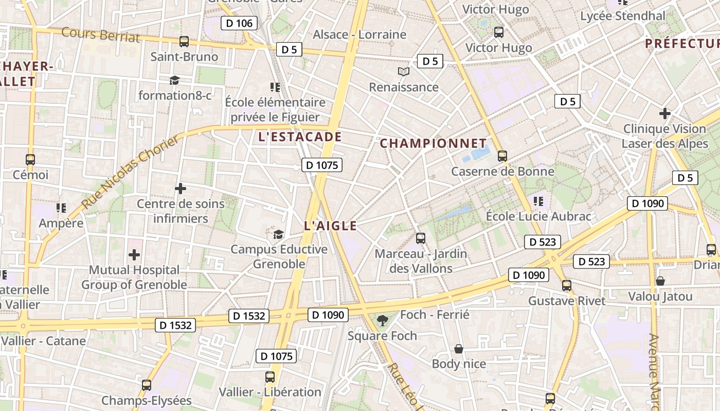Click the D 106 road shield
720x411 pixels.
239,23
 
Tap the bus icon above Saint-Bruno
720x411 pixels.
184,42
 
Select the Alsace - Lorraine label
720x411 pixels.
359,34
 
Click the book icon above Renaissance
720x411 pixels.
404,72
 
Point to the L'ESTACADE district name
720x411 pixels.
300,137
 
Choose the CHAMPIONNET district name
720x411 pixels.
433,143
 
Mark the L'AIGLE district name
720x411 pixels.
330,226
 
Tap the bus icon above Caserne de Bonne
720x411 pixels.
502,156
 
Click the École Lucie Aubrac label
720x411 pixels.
538,216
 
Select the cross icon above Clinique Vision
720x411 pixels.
664,113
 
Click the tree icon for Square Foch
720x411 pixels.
382,321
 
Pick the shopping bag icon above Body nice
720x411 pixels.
458,349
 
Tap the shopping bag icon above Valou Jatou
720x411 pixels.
660,281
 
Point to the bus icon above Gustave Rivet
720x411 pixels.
566,286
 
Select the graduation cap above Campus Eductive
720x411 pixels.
278,234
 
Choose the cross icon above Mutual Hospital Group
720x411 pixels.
134,254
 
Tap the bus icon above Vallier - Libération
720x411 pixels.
270,377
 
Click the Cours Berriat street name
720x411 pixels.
100,34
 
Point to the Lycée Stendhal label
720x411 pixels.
622,16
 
